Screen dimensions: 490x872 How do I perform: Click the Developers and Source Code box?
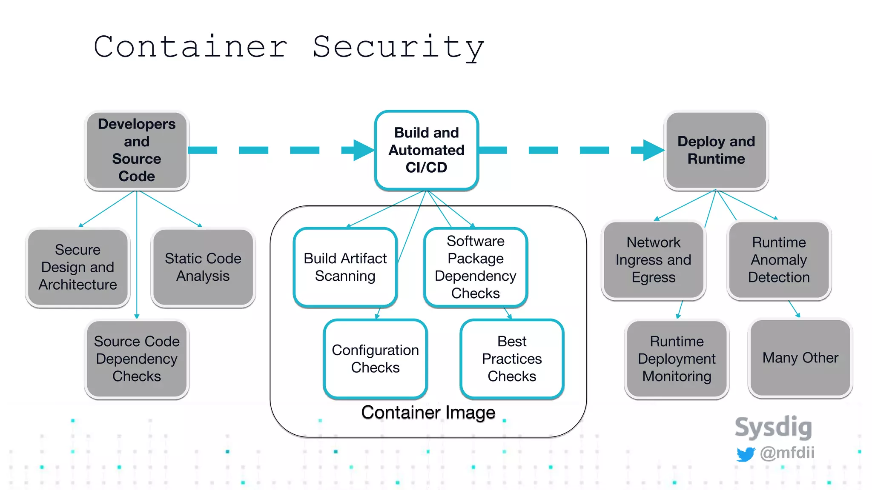click(137, 150)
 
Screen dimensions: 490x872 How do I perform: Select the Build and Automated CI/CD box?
click(427, 150)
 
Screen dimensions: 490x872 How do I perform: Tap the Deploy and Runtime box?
click(716, 150)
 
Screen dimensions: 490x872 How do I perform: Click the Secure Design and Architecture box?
click(77, 267)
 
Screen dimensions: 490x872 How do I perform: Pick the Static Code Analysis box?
click(203, 267)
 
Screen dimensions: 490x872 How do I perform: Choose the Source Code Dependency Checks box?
click(137, 359)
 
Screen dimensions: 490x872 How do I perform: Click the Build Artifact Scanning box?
click(345, 267)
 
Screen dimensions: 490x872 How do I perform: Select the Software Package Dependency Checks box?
click(476, 267)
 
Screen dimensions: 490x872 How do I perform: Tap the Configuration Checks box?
click(376, 359)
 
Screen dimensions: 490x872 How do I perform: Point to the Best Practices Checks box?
click(512, 359)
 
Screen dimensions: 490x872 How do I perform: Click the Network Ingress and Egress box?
click(654, 260)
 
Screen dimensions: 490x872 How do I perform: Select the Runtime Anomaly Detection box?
click(779, 260)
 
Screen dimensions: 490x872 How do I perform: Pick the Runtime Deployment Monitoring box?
click(677, 359)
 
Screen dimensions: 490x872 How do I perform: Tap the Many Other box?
click(800, 358)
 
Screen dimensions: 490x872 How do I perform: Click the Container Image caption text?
click(428, 412)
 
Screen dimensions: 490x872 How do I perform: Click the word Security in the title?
click(398, 47)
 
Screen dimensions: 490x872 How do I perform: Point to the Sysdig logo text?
click(773, 427)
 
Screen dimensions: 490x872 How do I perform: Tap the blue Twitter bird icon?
click(746, 454)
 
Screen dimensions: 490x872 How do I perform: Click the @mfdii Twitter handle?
click(787, 453)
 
